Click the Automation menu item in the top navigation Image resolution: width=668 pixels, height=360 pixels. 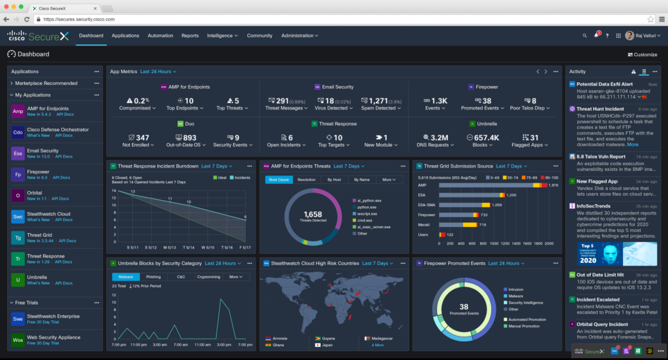pyautogui.click(x=160, y=36)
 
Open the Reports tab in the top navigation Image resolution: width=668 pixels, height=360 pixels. pyautogui.click(x=190, y=36)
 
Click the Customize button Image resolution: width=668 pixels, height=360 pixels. pyautogui.click(x=642, y=55)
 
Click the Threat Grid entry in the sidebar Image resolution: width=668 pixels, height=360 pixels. pyautogui.click(x=40, y=235)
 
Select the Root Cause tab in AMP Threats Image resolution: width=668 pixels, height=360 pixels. pyautogui.click(x=279, y=179)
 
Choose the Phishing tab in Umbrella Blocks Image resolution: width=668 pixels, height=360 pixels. pyautogui.click(x=153, y=277)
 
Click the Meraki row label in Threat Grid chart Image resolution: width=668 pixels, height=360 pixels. pyautogui.click(x=425, y=224)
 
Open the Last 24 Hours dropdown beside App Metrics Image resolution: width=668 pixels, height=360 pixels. pyautogui.click(x=158, y=71)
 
